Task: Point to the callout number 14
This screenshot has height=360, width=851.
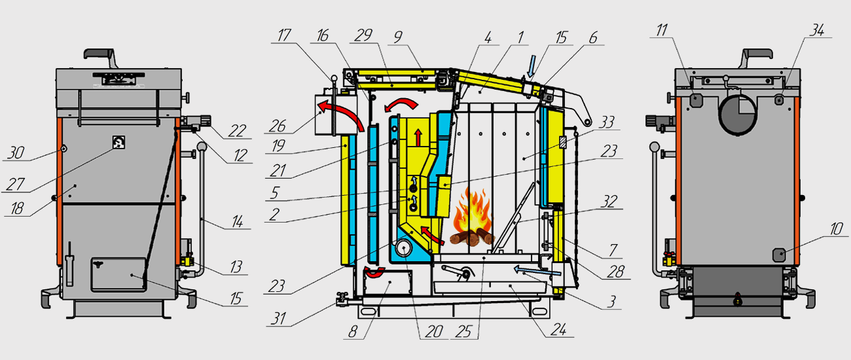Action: (237, 223)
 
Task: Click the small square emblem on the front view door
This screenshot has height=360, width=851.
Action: (119, 143)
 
